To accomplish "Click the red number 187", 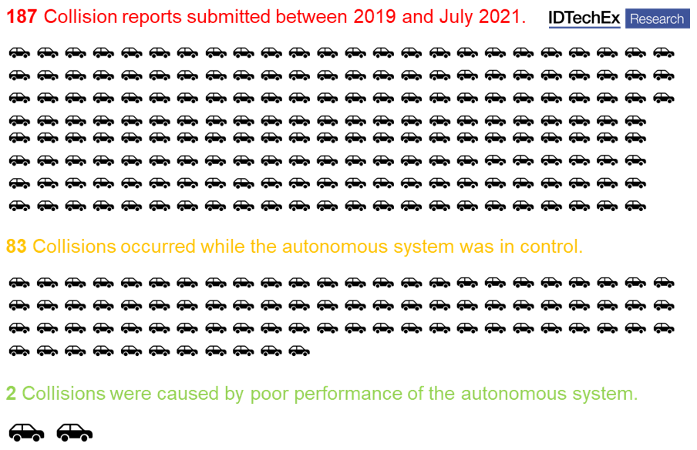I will pyautogui.click(x=22, y=17).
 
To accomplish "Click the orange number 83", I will pyautogui.click(x=16, y=247).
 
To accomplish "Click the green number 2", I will pyautogui.click(x=11, y=394).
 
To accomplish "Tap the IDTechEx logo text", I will pyautogui.click(x=584, y=18).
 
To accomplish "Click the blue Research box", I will pyautogui.click(x=657, y=18).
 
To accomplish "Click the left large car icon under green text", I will pyautogui.click(x=26, y=432).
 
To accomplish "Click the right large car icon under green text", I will pyautogui.click(x=74, y=432).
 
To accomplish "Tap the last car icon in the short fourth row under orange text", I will pyautogui.click(x=299, y=351).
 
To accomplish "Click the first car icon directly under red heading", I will pyautogui.click(x=19, y=52).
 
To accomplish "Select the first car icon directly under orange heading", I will pyautogui.click(x=19, y=282).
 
